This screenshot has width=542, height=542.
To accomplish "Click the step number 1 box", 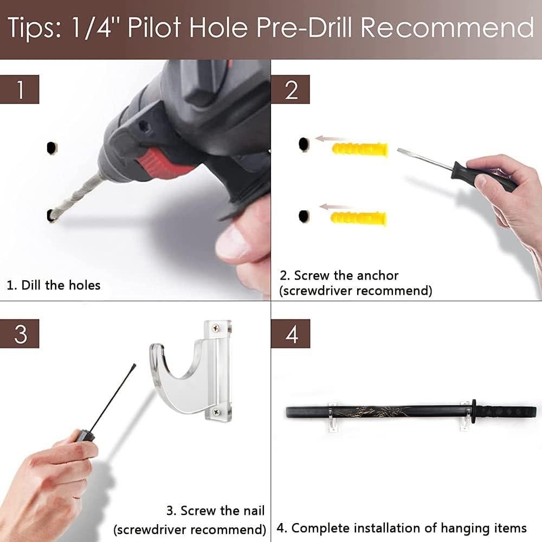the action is coord(20,89).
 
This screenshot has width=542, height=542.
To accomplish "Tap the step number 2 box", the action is coord(291,89).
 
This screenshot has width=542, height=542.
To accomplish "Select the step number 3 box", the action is coord(20,333).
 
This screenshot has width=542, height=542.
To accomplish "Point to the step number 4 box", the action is coord(291,333).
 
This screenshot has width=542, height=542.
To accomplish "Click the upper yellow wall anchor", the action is coord(360,149).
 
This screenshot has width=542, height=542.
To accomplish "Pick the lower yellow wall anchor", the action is coord(358,218).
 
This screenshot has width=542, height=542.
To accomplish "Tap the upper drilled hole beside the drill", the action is coord(51,148).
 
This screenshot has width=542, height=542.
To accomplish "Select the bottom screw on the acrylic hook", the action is coord(217,412).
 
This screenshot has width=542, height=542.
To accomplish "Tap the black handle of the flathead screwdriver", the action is coord(484,177).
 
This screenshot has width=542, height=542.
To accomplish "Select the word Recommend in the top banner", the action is coord(447,27).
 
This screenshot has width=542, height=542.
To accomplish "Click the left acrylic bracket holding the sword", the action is coord(333,417).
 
